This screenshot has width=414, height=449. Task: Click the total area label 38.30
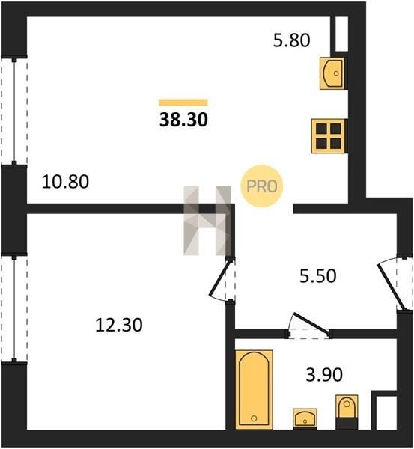(x=183, y=120)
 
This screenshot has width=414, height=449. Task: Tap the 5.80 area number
(x=291, y=40)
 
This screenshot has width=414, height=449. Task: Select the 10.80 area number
(x=65, y=182)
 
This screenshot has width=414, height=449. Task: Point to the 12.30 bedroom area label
(x=118, y=325)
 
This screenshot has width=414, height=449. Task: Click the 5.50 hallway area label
(x=317, y=276)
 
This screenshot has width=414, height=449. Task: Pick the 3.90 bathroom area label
(x=324, y=375)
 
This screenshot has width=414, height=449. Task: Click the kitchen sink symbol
(x=332, y=73)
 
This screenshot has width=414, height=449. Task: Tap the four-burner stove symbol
(x=329, y=136)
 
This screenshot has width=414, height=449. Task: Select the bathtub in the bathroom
(x=254, y=389)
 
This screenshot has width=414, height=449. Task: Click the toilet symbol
(x=347, y=412)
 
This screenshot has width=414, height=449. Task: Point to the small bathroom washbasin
(x=305, y=418)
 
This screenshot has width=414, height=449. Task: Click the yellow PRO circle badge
(x=261, y=186)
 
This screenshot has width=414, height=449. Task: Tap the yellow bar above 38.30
(x=183, y=103)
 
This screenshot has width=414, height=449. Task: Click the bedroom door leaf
(x=220, y=278)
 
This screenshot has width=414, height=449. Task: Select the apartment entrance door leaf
(x=392, y=287)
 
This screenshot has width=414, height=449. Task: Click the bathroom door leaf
(x=311, y=323)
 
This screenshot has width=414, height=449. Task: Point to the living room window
(x=14, y=111)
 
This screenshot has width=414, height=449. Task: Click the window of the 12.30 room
(x=14, y=308)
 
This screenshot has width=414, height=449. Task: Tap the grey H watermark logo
(x=207, y=221)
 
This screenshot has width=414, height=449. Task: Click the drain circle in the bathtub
(x=254, y=418)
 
